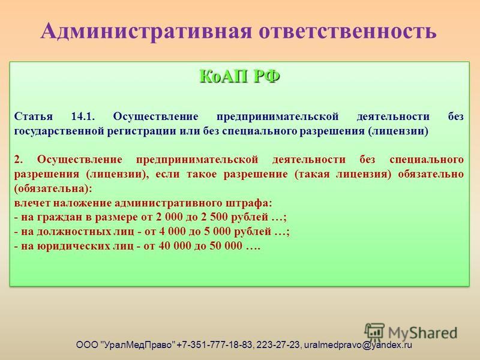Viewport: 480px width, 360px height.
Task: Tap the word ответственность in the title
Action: [347, 32]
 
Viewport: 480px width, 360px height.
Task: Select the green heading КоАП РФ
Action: [239, 76]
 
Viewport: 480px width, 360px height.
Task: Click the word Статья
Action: [34, 117]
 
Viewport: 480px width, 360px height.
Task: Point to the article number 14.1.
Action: [83, 116]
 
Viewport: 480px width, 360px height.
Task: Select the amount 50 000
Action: [226, 246]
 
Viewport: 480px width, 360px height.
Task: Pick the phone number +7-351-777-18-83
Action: [215, 345]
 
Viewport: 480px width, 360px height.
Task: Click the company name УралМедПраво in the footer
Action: [138, 345]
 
